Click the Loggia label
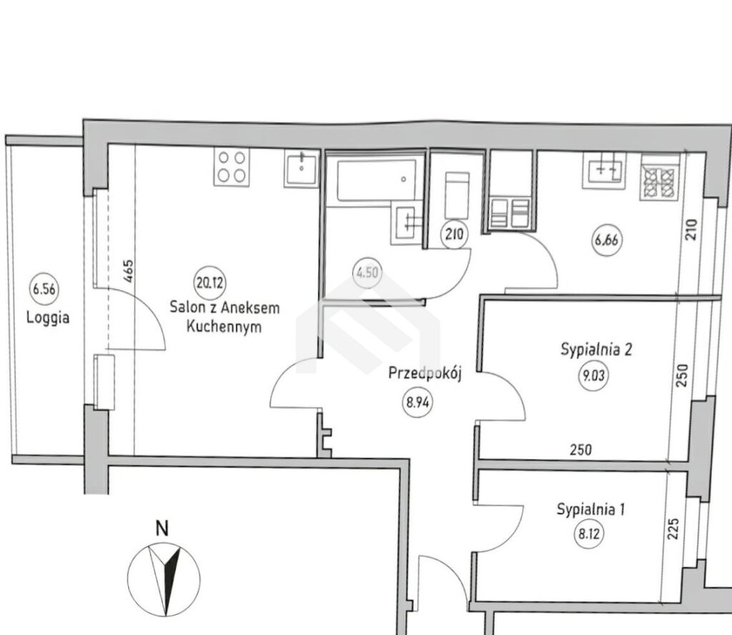[x=48, y=318]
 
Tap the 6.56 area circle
[x=44, y=289]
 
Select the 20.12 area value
[x=209, y=283]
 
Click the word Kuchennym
[x=224, y=326]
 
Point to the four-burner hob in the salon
[x=232, y=166]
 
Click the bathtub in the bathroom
[x=376, y=180]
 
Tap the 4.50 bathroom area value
[x=367, y=272]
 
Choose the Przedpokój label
[x=425, y=374]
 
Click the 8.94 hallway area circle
[x=417, y=401]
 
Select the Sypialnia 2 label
[x=596, y=350]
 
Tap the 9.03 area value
[x=593, y=375]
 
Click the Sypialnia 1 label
[x=590, y=509]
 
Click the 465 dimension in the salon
[x=129, y=271]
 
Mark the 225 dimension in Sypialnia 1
[x=673, y=529]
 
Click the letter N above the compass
[x=162, y=529]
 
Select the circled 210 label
[x=454, y=234]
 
